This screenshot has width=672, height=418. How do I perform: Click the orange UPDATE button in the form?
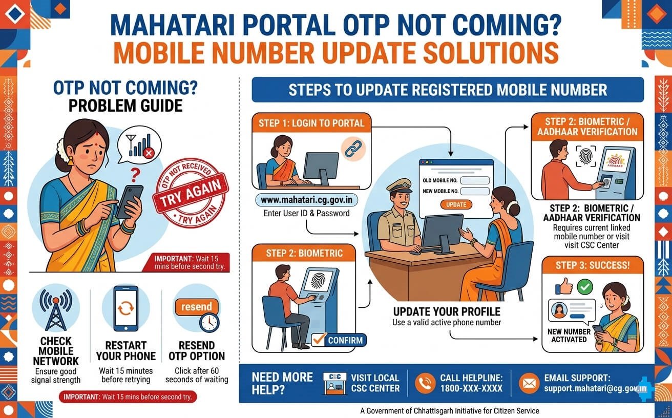point(456,204)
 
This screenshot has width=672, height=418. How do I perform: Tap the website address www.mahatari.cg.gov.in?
point(307,200)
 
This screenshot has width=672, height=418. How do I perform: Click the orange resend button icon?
point(196,307)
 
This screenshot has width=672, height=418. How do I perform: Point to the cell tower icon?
point(56,311)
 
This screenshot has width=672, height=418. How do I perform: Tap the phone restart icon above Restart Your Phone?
point(125,309)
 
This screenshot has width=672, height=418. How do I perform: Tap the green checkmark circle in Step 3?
point(584,286)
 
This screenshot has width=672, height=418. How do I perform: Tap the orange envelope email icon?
point(529,383)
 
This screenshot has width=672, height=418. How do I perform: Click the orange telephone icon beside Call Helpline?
point(425,383)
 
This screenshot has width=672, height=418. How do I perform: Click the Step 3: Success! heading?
point(593,266)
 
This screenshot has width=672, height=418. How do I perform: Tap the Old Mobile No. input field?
point(475,180)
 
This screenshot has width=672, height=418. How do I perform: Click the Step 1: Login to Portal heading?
point(311,123)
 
